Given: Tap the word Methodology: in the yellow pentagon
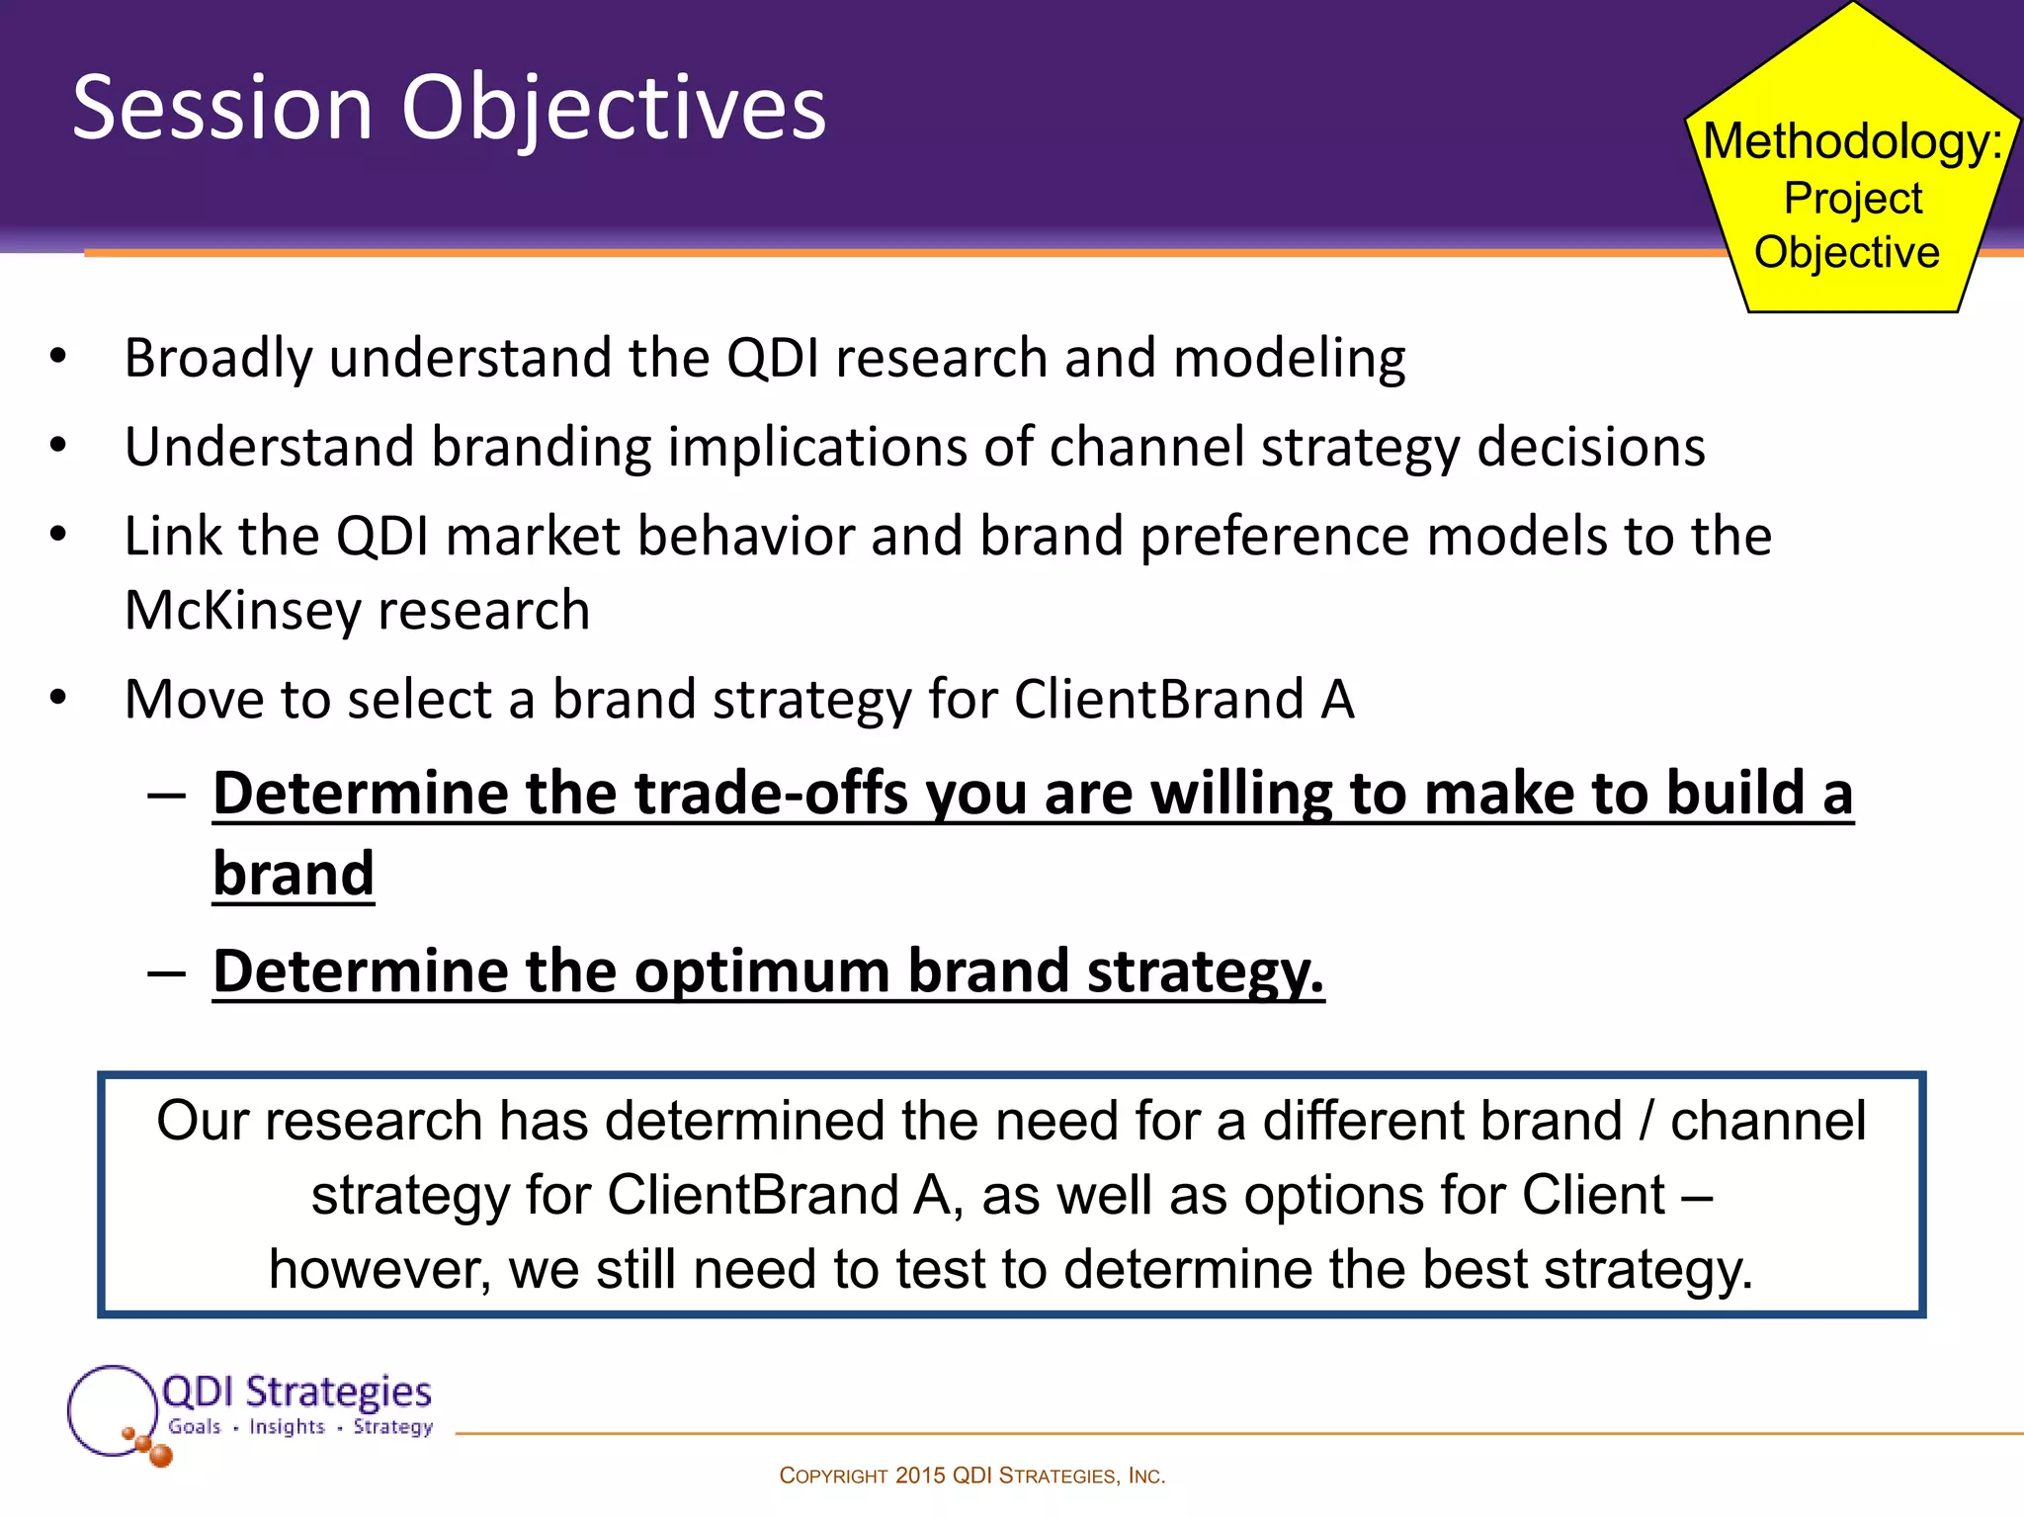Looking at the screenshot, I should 1852,141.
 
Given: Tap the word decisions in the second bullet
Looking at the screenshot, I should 1590,447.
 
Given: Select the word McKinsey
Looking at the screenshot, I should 243,611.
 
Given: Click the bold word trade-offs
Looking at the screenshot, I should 770,794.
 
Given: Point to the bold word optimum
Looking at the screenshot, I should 762,972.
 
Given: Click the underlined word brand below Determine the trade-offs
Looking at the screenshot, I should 294,875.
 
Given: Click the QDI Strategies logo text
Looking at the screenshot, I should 295,1391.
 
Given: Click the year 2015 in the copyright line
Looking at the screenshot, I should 919,1476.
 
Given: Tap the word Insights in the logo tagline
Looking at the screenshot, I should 287,1427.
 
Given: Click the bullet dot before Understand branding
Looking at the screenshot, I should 58,446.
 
